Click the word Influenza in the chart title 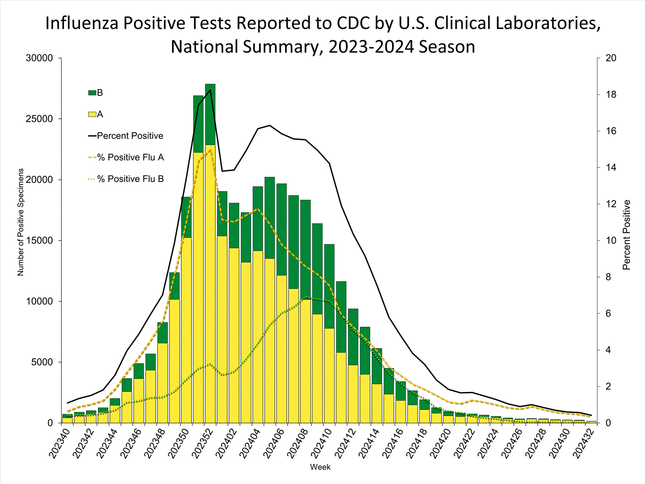(x=82, y=23)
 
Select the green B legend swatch (x=92, y=93)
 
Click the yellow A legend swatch (x=92, y=114)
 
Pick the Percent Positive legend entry (x=130, y=136)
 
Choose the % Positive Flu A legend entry (x=131, y=157)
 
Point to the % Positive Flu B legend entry (x=131, y=179)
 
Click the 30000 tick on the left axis (x=40, y=58)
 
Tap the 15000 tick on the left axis (x=40, y=240)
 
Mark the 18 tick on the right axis (x=611, y=95)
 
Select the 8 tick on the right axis (x=608, y=277)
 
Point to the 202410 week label (x=320, y=443)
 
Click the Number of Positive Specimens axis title (x=21, y=222)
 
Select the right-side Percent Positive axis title (x=627, y=235)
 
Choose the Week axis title (x=320, y=467)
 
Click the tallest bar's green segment (x=210, y=114)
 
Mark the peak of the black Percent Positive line (x=210, y=89)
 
